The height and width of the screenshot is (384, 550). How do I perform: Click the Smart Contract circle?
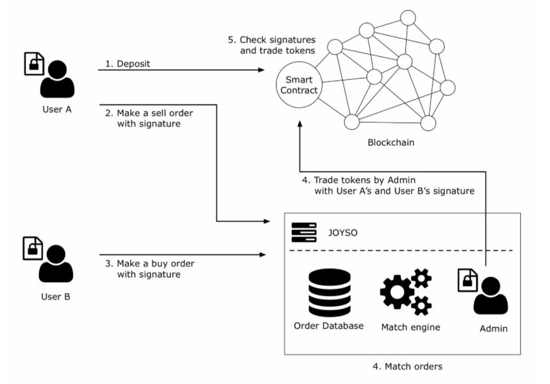(x=299, y=85)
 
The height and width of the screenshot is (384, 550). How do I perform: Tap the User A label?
(x=57, y=109)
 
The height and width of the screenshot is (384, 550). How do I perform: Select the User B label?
(x=56, y=297)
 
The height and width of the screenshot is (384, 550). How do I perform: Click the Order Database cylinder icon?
(x=329, y=293)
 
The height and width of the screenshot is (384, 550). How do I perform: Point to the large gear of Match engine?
(x=397, y=292)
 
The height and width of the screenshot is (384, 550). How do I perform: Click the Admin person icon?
(x=491, y=296)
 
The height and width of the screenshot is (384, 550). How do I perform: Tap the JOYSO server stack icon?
(x=304, y=232)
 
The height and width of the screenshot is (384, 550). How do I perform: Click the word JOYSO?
(x=343, y=233)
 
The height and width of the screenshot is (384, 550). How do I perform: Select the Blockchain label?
(x=391, y=142)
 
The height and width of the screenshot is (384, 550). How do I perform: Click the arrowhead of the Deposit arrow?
(x=261, y=70)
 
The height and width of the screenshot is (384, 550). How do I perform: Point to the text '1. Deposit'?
(x=127, y=64)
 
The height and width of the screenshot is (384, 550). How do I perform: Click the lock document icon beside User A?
(x=34, y=64)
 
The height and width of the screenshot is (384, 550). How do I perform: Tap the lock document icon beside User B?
(x=33, y=248)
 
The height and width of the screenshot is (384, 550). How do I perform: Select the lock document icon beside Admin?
(x=468, y=280)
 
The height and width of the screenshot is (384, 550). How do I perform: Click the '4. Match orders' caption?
(x=408, y=366)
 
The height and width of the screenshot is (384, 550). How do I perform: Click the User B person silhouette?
(x=56, y=264)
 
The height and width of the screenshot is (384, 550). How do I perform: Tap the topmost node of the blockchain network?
(x=408, y=18)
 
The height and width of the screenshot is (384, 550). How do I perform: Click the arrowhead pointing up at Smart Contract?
(x=300, y=124)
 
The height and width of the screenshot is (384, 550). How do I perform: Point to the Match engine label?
(x=411, y=327)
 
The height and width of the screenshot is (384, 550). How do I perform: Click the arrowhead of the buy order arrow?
(x=263, y=254)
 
